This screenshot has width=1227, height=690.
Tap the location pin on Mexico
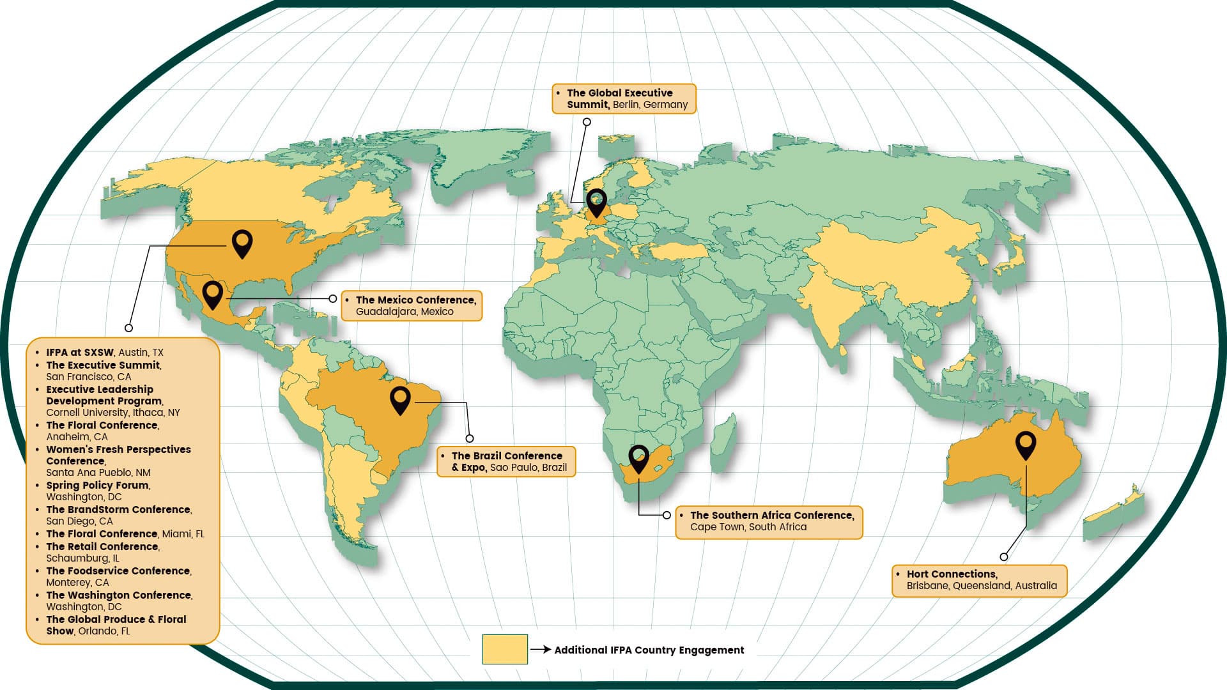coord(212,294)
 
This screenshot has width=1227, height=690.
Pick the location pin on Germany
coord(596,203)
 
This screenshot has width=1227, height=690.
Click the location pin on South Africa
coord(638,458)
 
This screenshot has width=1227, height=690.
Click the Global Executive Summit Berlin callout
coord(624,99)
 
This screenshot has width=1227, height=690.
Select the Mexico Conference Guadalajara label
coord(412,305)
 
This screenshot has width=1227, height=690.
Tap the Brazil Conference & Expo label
coord(506,461)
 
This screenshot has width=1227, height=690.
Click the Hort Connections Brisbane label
coord(979,580)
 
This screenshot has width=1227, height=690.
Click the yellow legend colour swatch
coord(505,649)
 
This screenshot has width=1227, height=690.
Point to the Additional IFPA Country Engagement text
coord(649,650)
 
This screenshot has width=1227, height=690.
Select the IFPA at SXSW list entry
coord(104,352)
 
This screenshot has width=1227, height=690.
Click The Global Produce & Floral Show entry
coord(116,625)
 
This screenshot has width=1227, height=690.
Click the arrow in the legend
coord(541,649)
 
